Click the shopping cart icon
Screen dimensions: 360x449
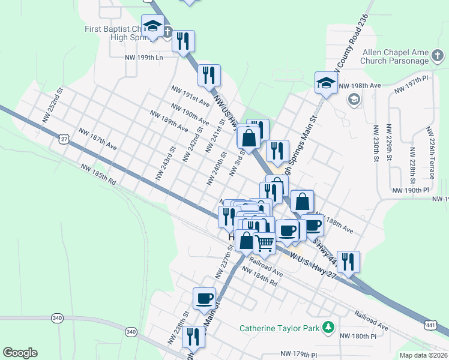tap(265, 243)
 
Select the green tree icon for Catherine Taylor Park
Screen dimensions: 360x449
tap(328, 327)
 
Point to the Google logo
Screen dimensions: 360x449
tap(20, 353)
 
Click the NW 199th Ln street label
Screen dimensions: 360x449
tap(143, 58)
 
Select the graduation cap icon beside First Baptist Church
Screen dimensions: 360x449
tap(153, 26)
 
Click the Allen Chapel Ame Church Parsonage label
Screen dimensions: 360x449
tap(395, 56)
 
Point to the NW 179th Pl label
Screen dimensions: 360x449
tap(299, 355)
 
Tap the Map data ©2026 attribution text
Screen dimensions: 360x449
tap(423, 355)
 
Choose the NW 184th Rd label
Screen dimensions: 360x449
tap(259, 277)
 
